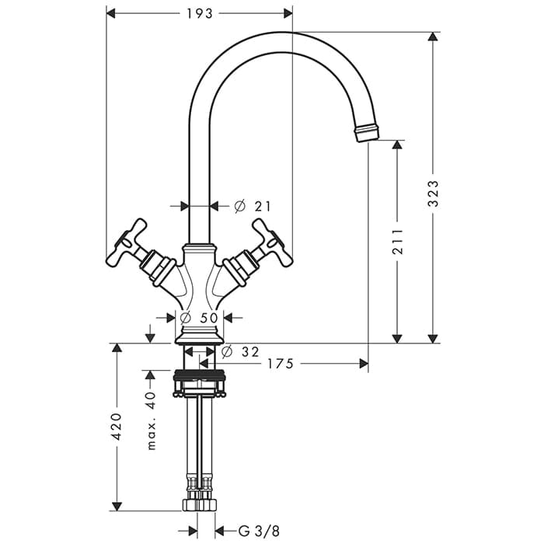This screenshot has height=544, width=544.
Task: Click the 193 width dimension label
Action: point(200,14)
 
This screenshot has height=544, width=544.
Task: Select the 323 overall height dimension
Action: point(433,194)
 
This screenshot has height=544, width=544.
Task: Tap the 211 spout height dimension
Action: point(398,242)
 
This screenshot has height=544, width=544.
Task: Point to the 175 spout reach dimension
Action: point(281,364)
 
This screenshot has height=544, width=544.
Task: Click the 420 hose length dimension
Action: point(117,427)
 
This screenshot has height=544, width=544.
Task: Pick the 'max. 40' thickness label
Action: point(151,421)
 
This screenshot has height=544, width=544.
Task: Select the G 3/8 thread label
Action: point(259,531)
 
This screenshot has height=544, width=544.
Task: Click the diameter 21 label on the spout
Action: point(253,207)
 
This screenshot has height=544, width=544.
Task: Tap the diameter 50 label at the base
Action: point(200,317)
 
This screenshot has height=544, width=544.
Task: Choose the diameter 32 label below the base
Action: point(240,352)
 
